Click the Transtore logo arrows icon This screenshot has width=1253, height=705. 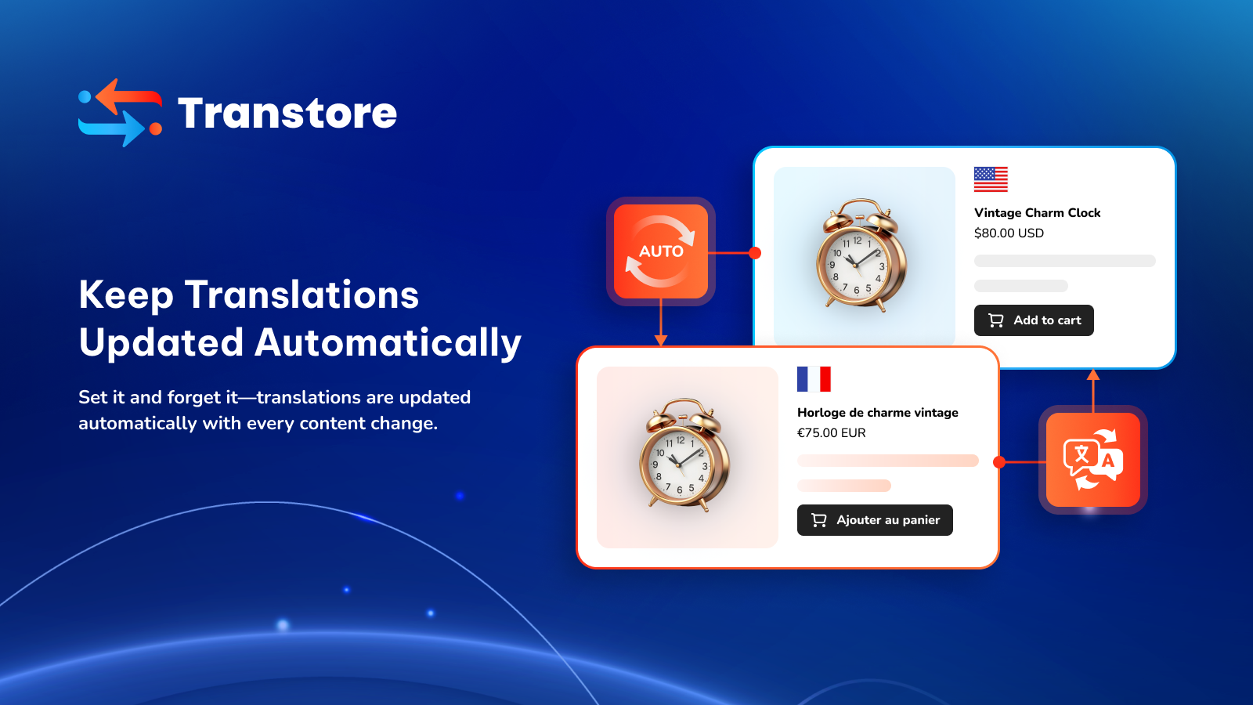pos(121,113)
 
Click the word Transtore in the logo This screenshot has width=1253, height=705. pos(287,113)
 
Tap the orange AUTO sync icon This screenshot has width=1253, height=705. pos(661,251)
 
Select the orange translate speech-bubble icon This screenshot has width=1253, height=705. pos(1093,460)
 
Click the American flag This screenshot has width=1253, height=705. pos(991,179)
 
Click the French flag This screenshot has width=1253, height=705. pos(814,379)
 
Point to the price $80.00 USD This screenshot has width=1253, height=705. pos(1009,233)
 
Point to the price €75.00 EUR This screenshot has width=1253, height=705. pos(831,433)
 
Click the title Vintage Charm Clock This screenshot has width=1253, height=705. pos(1037,212)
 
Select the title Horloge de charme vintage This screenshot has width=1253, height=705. pos(878,412)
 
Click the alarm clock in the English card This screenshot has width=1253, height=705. pos(862,255)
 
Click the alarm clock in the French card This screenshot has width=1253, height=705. pos(684,454)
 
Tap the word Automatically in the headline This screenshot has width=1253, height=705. pos(388,343)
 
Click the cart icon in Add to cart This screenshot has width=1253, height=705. pos(995,320)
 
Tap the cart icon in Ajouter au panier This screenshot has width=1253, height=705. pos(819,520)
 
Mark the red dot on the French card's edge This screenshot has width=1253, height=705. pos(999,462)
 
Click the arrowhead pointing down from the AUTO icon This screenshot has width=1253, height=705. pos(661,340)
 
